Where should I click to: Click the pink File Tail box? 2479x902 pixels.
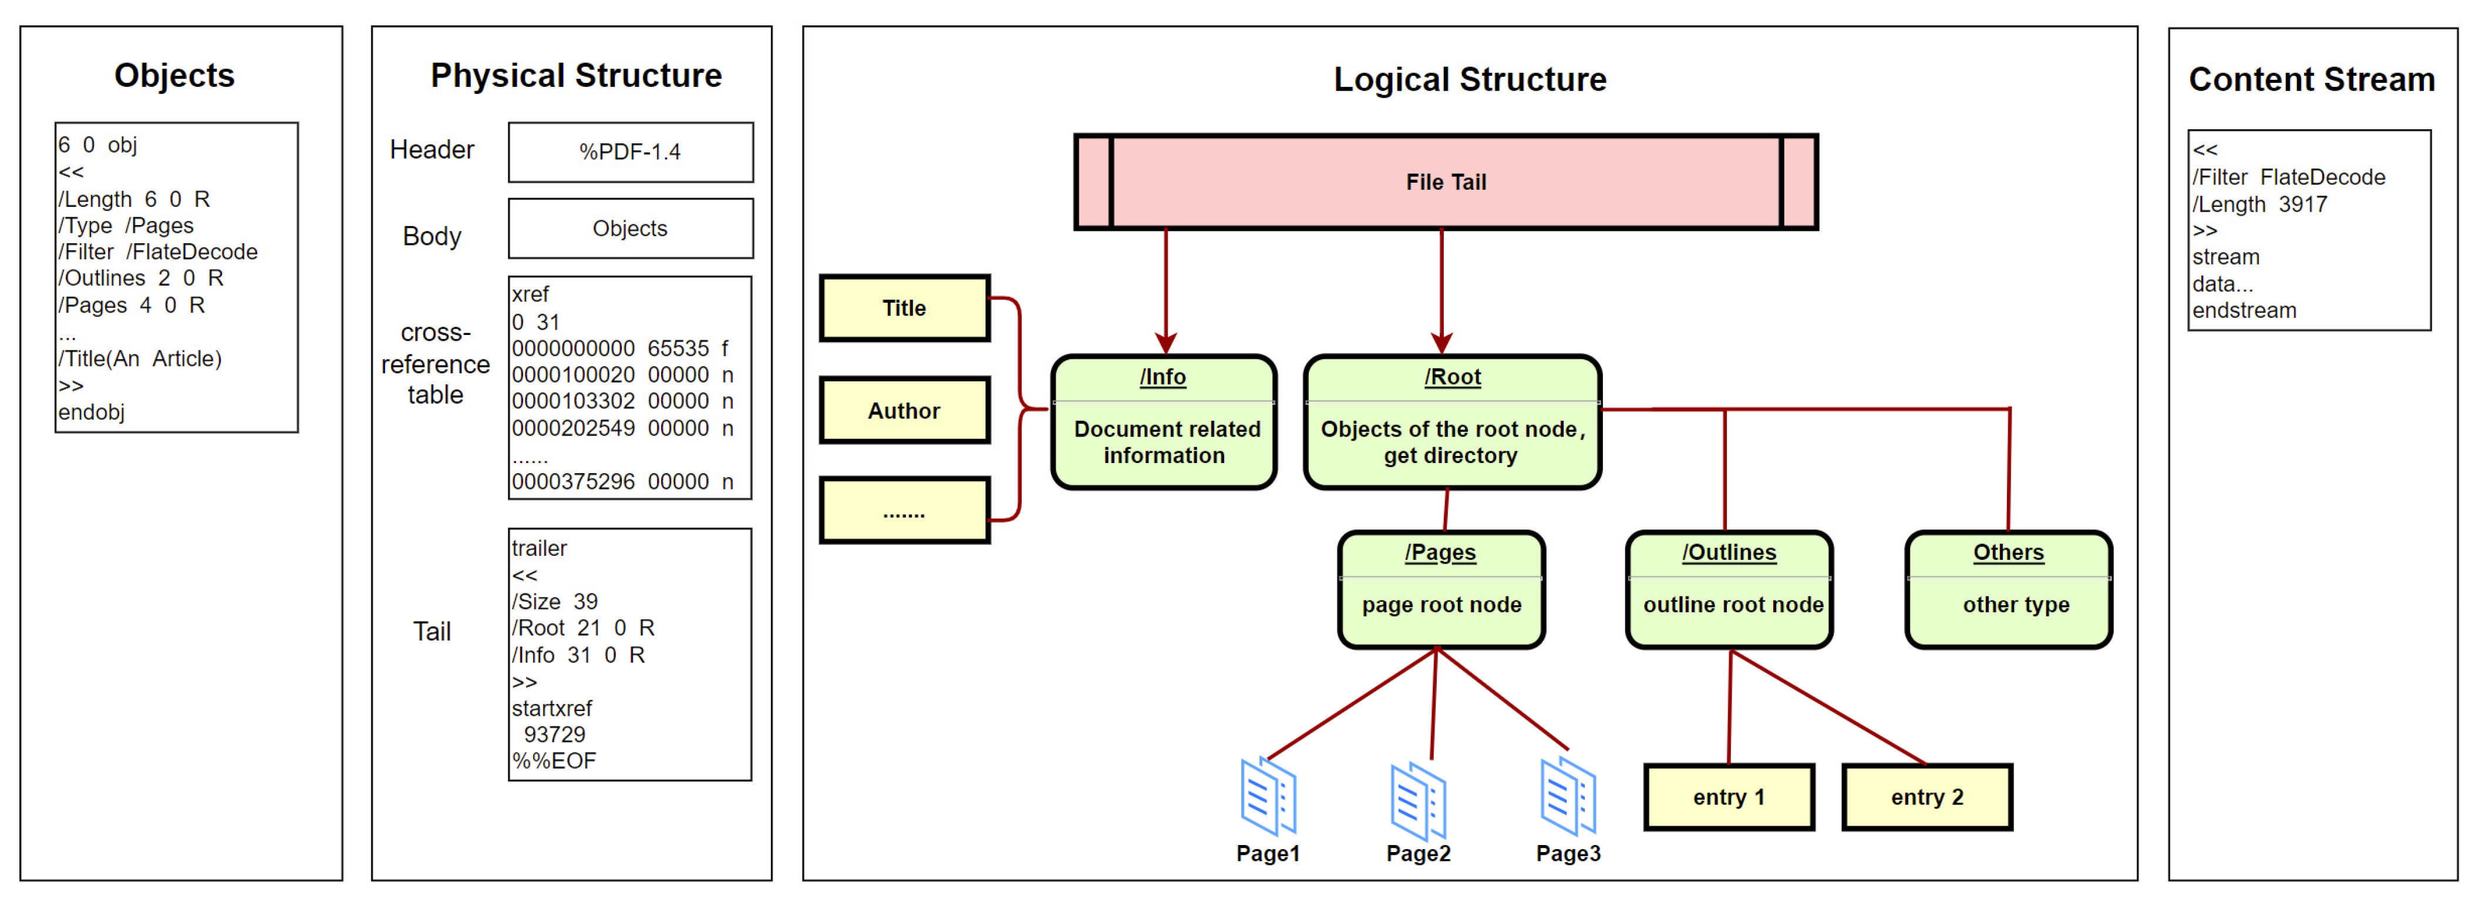1446,182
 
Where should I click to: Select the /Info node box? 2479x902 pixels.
1164,422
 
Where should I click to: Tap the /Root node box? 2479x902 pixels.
1452,422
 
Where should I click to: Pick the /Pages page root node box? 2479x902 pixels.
1441,589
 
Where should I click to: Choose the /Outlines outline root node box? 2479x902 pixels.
1729,589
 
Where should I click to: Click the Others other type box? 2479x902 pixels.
2009,589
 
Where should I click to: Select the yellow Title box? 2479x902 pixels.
905,308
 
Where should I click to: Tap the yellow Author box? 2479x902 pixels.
905,410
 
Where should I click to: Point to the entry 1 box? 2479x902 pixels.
1729,797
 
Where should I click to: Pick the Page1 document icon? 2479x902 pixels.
1268,796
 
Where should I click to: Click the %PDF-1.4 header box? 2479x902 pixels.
631,152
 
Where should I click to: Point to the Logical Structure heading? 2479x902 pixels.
1470,79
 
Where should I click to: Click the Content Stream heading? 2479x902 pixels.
2312,79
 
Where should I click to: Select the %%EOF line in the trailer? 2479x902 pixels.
553,760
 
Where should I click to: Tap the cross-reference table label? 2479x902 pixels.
435,363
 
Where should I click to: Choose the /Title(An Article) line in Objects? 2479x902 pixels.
140,359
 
